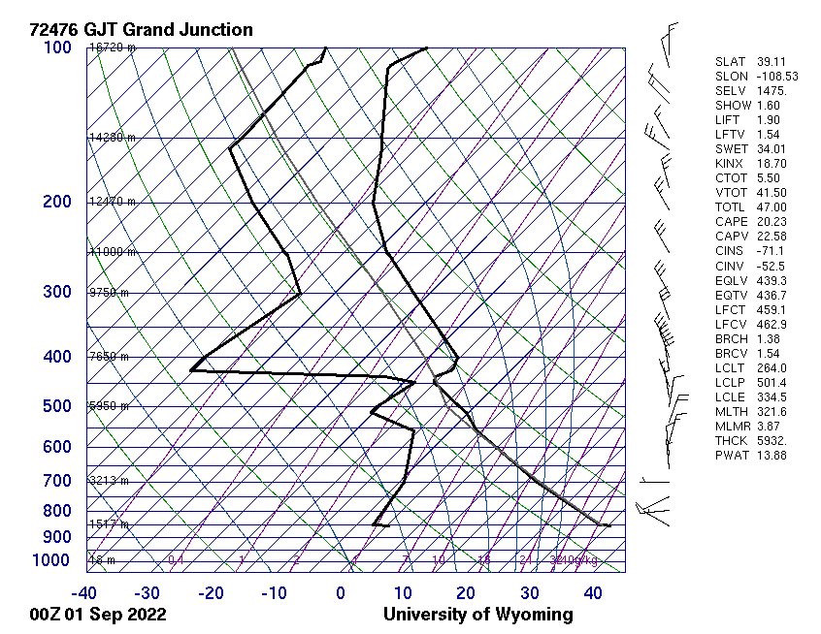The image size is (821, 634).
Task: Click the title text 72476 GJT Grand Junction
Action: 142,30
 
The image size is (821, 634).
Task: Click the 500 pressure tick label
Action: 57,406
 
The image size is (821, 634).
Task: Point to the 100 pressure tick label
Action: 57,48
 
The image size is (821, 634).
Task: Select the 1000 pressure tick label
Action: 52,560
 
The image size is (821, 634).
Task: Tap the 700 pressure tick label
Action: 57,481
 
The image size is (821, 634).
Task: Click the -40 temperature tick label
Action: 84,593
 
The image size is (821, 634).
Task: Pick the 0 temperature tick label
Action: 341,593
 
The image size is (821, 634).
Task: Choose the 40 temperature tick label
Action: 593,593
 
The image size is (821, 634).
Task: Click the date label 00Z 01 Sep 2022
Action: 97,615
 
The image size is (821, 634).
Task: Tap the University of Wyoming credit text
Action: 477,615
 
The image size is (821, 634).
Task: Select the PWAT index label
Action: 731,456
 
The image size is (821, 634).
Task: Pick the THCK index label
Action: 731,441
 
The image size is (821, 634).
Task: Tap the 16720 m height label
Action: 113,48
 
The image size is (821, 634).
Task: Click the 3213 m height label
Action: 109,481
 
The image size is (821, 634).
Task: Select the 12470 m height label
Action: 113,202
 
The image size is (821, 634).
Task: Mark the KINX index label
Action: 730,164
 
